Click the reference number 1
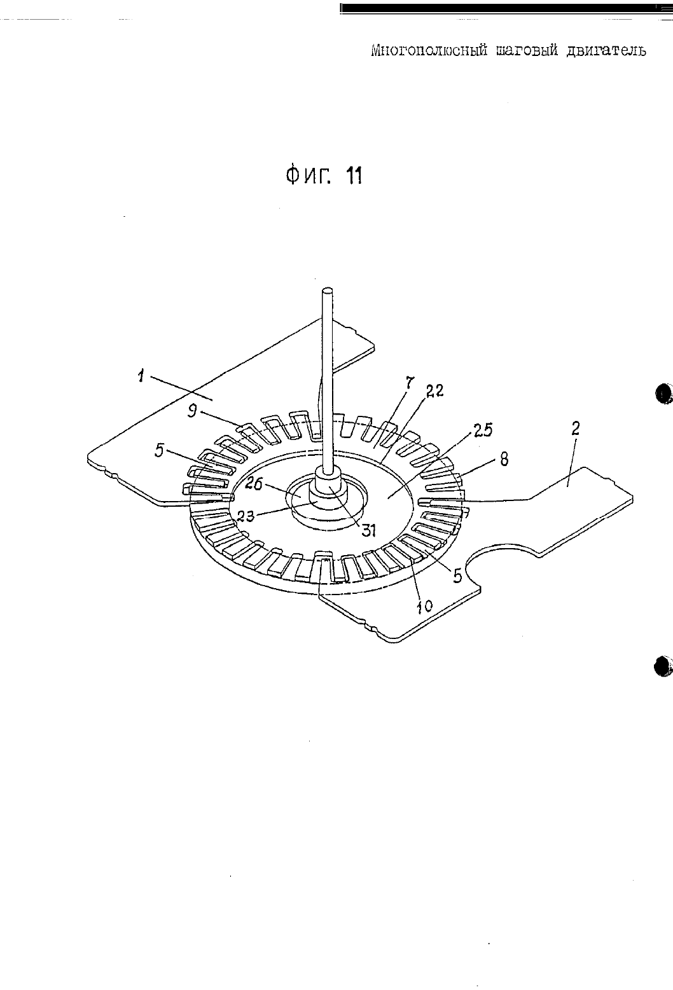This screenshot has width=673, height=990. click(141, 376)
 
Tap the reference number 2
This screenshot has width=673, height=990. click(575, 429)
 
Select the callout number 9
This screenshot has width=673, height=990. click(192, 413)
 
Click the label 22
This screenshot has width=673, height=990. click(434, 390)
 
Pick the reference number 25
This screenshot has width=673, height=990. click(483, 430)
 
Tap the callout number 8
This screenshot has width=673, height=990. click(504, 459)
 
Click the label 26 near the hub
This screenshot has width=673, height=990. click(254, 485)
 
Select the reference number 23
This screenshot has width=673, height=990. click(246, 516)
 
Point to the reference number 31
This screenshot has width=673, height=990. click(368, 530)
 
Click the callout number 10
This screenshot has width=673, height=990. click(424, 606)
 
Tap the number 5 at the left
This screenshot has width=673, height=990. click(160, 451)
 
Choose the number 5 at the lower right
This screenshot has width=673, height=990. click(457, 576)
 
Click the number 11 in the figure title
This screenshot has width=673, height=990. click(354, 176)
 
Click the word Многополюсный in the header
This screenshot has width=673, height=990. click(429, 51)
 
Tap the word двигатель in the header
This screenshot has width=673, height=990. click(606, 51)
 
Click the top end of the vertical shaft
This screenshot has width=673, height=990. click(327, 291)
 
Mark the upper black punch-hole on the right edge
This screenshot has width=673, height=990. click(663, 393)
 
